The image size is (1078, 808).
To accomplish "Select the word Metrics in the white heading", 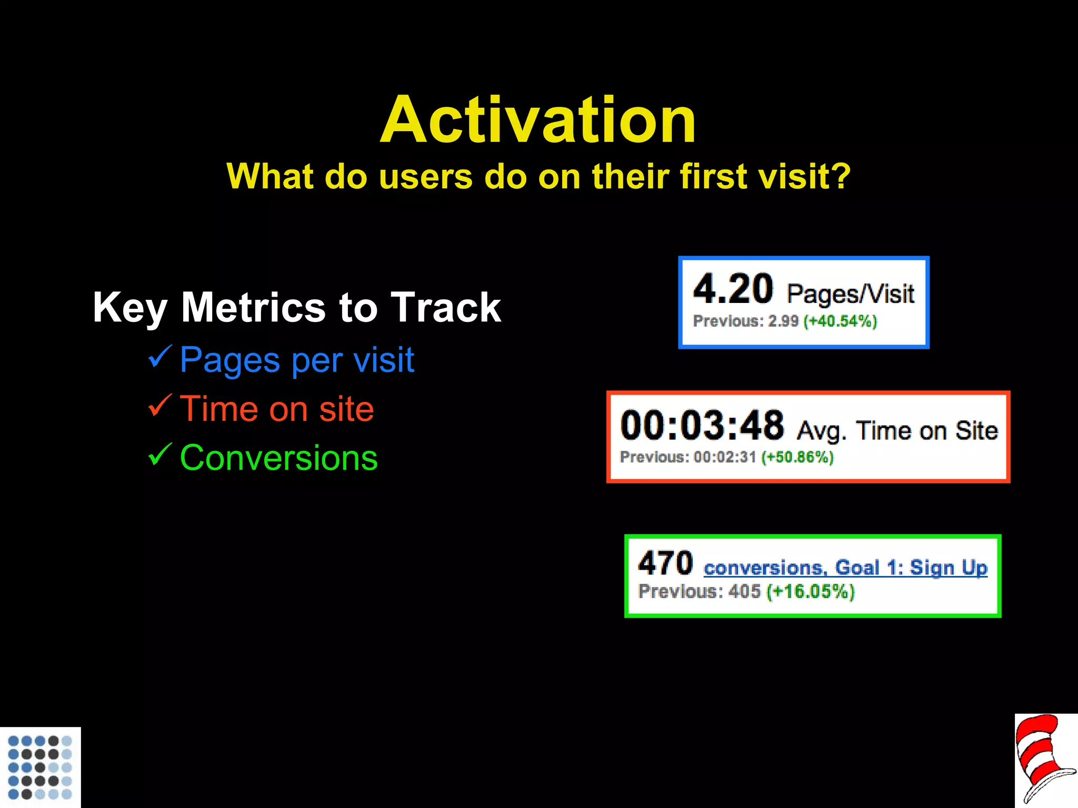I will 253,308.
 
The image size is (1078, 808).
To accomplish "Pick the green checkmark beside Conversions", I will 160,454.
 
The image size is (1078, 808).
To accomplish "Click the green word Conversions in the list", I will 278,458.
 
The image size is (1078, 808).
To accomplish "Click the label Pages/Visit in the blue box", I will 850,294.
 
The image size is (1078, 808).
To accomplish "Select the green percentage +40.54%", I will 840,321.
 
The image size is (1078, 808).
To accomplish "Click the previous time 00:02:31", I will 725,457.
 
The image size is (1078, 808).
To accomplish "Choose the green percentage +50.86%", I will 797,457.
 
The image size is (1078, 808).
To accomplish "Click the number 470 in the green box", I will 665,563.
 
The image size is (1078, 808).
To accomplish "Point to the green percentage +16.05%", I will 810,592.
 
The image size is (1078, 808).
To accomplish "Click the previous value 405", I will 744,592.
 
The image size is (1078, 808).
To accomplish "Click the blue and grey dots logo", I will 40,767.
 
